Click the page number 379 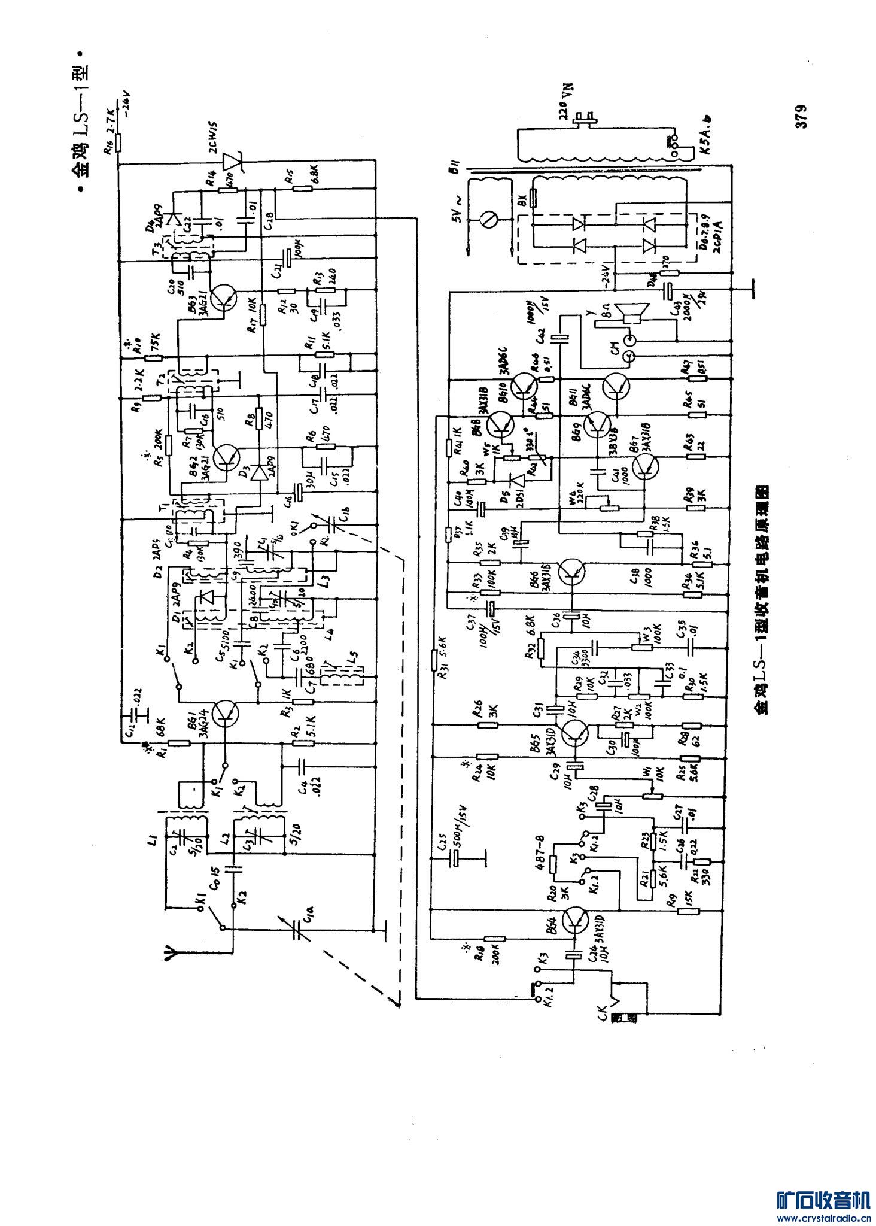point(801,116)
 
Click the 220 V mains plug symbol point(583,119)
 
